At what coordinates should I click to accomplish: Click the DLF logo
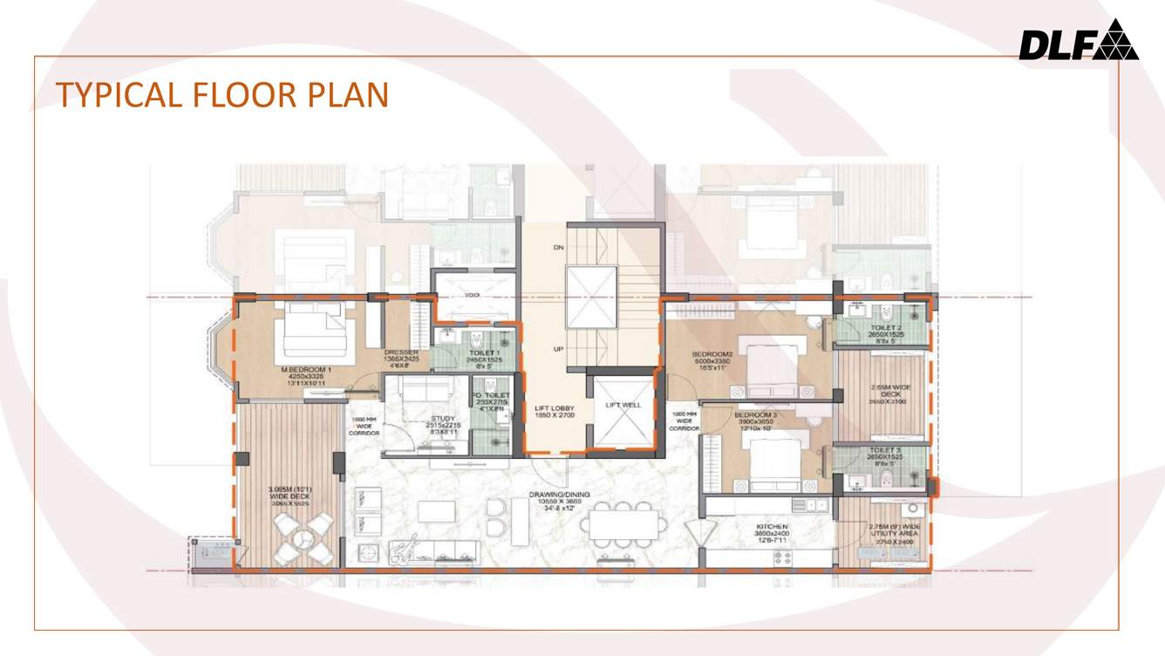click(1078, 41)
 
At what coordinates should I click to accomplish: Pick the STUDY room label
click(442, 419)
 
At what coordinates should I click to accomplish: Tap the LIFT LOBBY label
click(554, 408)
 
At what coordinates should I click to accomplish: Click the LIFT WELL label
click(623, 405)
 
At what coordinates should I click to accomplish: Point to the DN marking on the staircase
click(558, 248)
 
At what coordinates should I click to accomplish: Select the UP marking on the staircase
click(558, 349)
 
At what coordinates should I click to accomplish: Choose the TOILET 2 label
click(885, 328)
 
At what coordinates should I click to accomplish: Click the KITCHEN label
click(773, 527)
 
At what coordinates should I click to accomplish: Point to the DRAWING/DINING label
click(559, 495)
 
